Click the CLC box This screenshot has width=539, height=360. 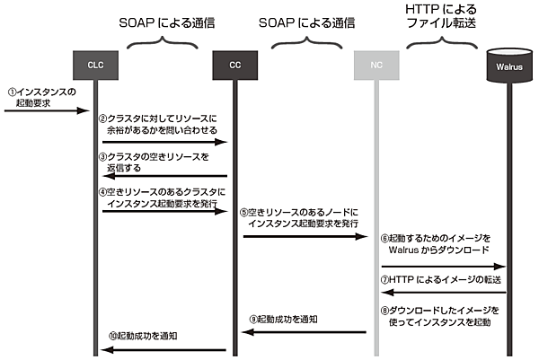pos(96,65)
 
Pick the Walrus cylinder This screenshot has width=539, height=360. pos(506,64)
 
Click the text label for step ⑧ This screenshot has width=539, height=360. pos(441,315)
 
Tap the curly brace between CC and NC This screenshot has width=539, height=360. pos(304,42)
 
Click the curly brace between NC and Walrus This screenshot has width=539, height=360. pos(440,42)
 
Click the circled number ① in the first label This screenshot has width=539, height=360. pos(13,92)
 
